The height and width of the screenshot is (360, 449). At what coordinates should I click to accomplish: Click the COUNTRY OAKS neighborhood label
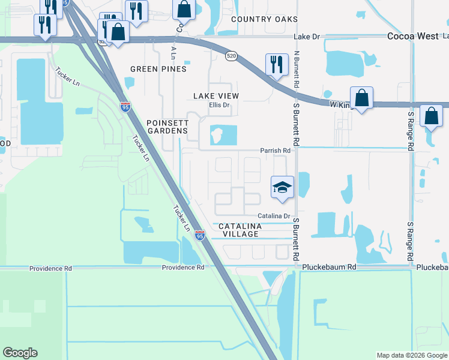click(x=264, y=19)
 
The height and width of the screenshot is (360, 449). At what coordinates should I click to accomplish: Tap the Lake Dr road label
click(x=309, y=37)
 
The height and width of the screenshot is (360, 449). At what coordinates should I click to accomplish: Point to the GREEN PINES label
click(x=158, y=69)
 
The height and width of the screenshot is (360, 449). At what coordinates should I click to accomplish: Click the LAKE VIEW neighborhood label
click(x=216, y=96)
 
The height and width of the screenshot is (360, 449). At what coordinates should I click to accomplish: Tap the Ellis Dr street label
click(x=219, y=105)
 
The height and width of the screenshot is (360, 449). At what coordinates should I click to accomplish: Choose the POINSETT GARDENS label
click(x=168, y=127)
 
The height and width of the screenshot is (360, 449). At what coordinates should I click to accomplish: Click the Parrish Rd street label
click(x=275, y=151)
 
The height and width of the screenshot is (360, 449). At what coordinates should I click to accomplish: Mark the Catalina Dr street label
click(x=274, y=216)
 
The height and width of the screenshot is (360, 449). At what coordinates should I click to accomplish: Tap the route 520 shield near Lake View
click(x=232, y=56)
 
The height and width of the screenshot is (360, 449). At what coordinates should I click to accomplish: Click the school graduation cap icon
click(x=282, y=188)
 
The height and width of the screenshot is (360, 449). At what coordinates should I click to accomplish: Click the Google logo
click(x=20, y=353)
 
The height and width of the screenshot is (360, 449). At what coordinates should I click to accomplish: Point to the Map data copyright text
click(x=411, y=355)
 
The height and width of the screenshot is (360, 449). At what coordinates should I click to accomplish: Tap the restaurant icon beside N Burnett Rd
click(x=277, y=64)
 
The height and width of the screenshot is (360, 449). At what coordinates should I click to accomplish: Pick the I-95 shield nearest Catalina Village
click(x=200, y=236)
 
